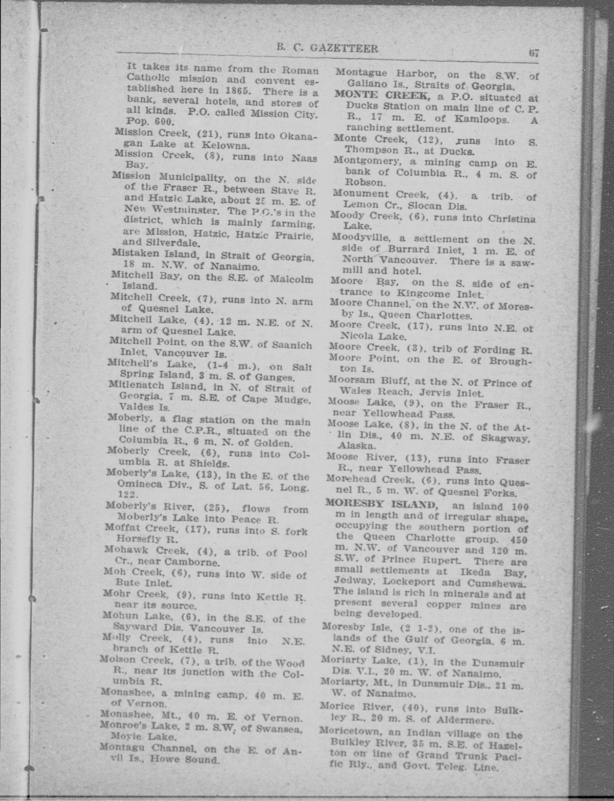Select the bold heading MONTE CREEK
coord(382,95)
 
